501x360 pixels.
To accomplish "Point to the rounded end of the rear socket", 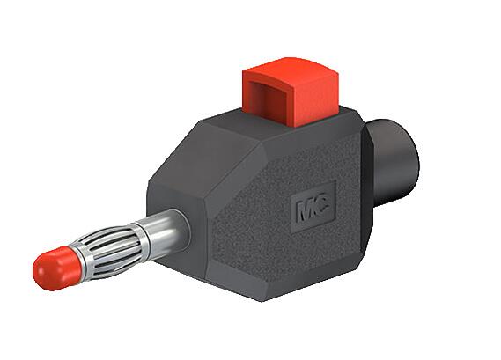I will point(410,154).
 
